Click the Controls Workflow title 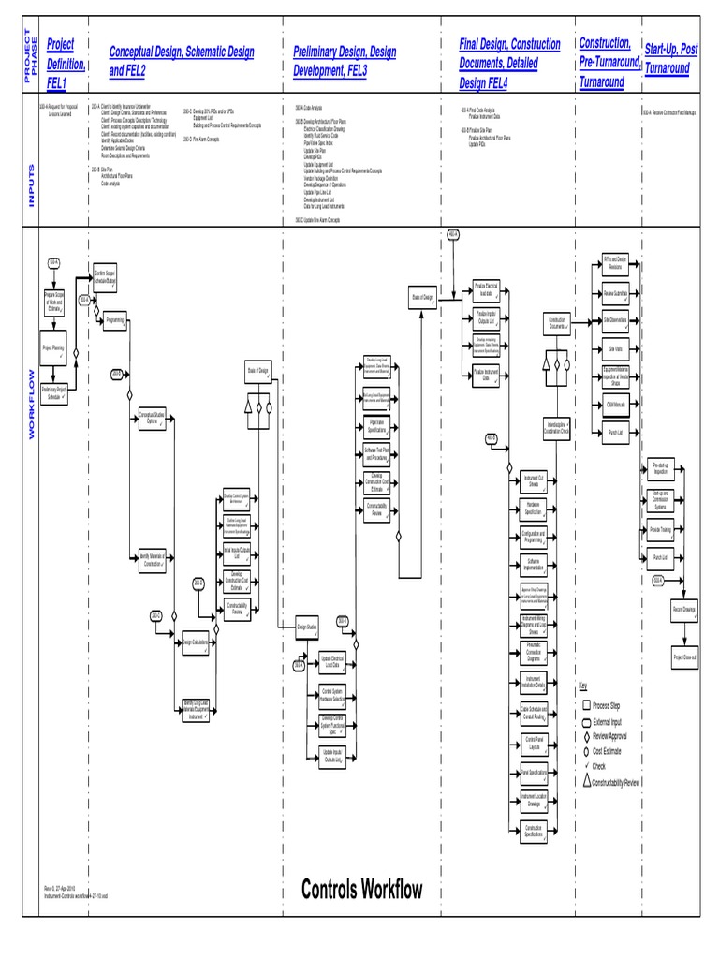coord(361,889)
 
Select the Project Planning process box coord(54,347)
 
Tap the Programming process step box coord(115,320)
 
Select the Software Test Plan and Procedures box coord(377,454)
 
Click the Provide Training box coord(659,529)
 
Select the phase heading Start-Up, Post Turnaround coord(671,58)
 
